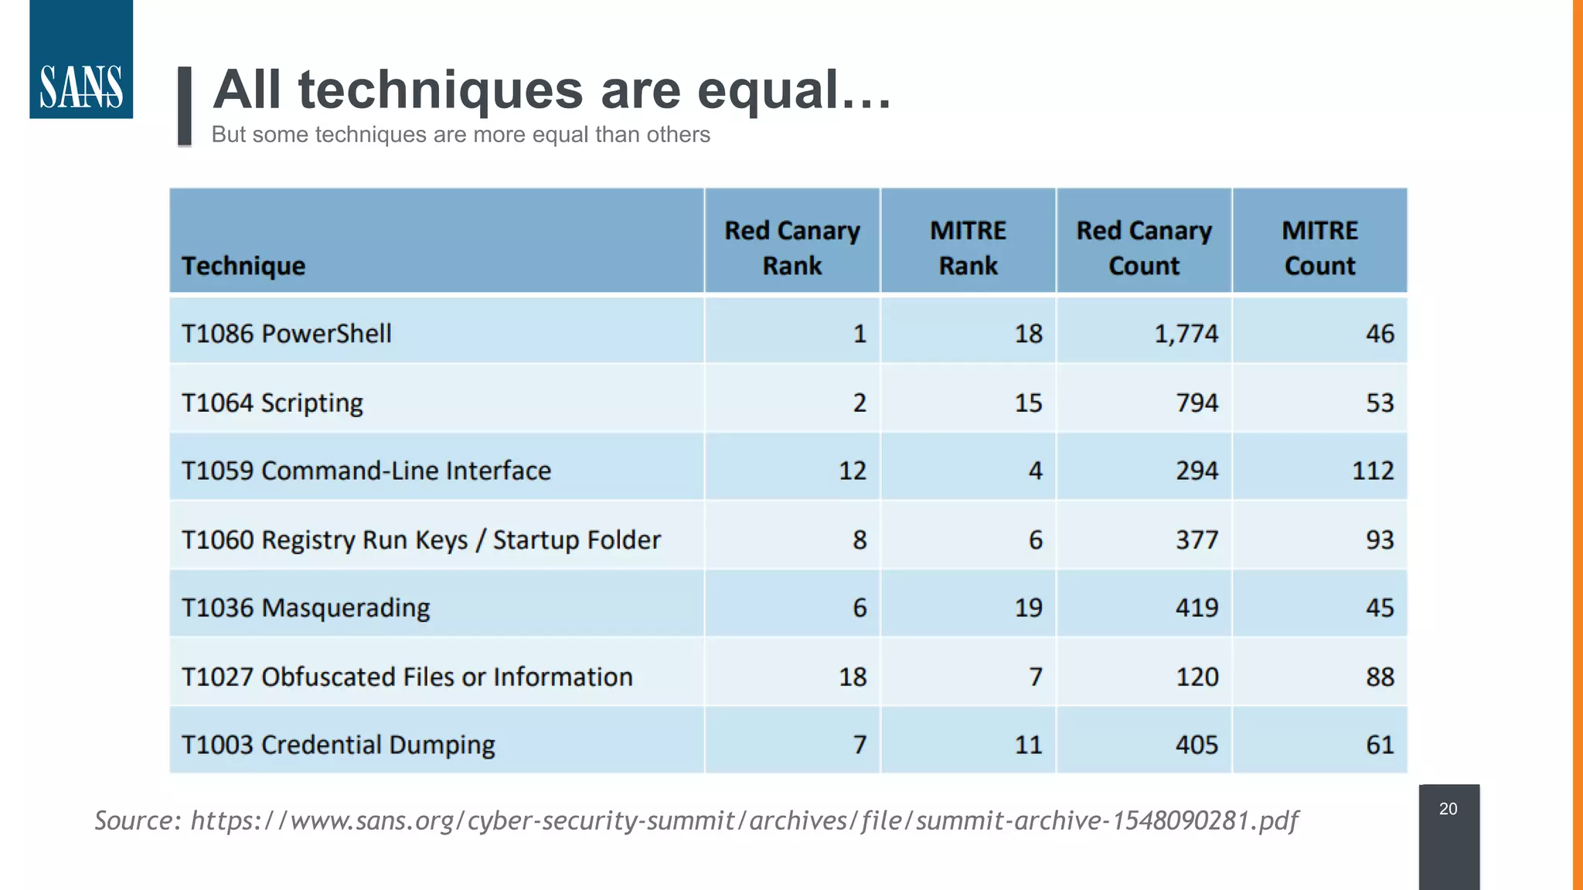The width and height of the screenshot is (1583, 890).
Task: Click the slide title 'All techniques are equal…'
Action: [552, 90]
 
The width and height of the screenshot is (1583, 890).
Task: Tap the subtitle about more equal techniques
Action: [461, 134]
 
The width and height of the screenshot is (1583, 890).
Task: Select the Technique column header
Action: [243, 266]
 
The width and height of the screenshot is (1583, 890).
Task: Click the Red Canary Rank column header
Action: [791, 248]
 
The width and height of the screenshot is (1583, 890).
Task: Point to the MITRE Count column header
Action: [1319, 248]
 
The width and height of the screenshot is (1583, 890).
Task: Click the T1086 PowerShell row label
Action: [286, 334]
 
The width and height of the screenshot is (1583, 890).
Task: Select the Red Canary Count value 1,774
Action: [1186, 334]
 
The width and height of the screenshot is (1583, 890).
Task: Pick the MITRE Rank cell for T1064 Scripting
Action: [1028, 403]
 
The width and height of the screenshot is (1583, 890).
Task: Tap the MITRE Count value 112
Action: [1373, 470]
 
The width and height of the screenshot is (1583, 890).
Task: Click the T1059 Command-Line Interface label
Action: [366, 470]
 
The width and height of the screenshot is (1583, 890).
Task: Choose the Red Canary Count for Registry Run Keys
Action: [1197, 539]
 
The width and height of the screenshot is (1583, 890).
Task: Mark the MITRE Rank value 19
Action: [1028, 608]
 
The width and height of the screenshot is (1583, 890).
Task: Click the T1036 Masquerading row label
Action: [305, 608]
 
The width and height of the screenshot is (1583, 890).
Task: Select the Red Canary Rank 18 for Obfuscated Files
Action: [853, 677]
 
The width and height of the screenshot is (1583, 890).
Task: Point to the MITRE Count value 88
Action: [1380, 677]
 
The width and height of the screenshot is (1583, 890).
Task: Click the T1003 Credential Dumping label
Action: [338, 745]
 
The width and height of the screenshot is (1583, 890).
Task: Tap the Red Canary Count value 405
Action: [1197, 745]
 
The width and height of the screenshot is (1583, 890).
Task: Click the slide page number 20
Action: [1448, 809]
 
